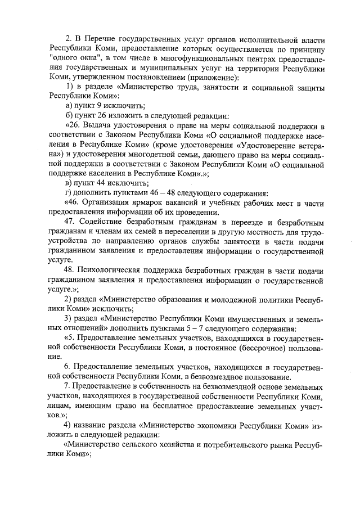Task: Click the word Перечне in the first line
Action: tap(100, 39)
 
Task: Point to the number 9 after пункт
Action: tap(98, 106)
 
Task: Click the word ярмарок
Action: tap(158, 202)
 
